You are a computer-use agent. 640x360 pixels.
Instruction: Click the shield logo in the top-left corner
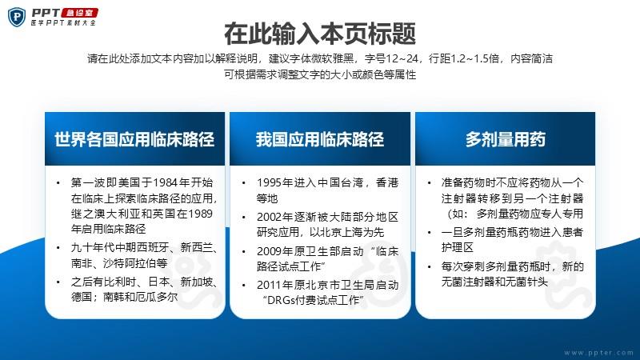click(x=17, y=17)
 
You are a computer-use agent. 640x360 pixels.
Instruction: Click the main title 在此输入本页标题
click(x=320, y=34)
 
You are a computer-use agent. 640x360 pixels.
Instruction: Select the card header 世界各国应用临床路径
click(x=134, y=139)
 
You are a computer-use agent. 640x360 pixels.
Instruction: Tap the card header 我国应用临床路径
click(x=320, y=139)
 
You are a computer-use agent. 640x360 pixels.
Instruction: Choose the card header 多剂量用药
click(x=506, y=139)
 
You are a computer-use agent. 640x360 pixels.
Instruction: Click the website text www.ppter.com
click(x=598, y=352)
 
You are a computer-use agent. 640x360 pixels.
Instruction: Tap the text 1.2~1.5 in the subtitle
click(x=473, y=58)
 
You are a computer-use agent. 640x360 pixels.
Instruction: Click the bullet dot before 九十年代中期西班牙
click(x=58, y=248)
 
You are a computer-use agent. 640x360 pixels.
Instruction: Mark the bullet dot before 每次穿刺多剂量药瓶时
click(x=429, y=266)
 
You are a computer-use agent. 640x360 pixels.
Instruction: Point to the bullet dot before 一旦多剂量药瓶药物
click(x=429, y=232)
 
